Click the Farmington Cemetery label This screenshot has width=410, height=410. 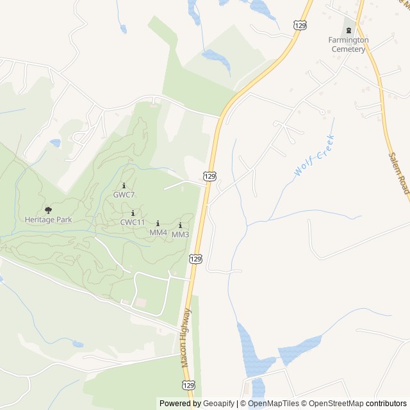[x=348, y=44]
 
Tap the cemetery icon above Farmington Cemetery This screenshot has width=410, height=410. [x=348, y=30]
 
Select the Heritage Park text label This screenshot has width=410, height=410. [x=48, y=219]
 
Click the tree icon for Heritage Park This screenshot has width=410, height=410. [x=48, y=209]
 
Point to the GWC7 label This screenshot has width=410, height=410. [x=124, y=194]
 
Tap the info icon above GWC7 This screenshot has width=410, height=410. [x=124, y=185]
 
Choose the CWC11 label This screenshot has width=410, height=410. [x=133, y=222]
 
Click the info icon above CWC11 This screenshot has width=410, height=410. [x=133, y=213]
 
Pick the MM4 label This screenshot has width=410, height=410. [x=158, y=232]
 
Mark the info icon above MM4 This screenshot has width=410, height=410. [x=158, y=224]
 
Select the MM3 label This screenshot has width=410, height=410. [x=180, y=234]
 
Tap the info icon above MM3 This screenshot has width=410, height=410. [x=180, y=225]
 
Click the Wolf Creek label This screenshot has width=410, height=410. [x=315, y=156]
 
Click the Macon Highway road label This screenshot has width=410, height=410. [x=184, y=338]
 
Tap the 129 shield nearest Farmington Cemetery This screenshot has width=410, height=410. [x=299, y=24]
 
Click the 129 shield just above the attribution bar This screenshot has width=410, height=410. [x=187, y=385]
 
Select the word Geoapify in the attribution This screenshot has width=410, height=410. [x=218, y=404]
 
